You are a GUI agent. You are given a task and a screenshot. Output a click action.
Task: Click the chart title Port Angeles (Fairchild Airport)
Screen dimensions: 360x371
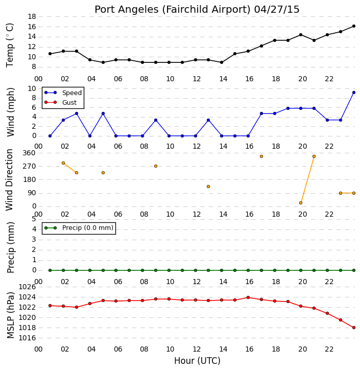(172, 10)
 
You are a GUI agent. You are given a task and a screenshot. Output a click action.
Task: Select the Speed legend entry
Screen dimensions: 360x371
(63, 93)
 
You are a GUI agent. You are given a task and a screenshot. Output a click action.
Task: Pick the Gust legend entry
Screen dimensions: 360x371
(61, 102)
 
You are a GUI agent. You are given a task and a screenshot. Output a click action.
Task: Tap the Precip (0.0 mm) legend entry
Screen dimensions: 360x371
(79, 228)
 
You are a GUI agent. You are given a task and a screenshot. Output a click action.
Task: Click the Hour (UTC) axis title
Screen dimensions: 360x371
(197, 361)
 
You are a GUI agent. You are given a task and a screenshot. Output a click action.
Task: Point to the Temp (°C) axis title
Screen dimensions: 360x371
(10, 45)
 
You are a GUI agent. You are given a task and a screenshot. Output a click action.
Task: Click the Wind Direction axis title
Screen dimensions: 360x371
(9, 180)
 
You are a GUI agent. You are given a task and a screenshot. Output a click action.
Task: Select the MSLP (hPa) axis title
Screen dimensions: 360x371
(10, 315)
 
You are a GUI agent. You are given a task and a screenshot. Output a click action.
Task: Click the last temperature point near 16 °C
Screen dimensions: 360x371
(354, 26)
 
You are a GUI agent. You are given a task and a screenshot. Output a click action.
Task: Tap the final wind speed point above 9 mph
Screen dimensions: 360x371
(354, 92)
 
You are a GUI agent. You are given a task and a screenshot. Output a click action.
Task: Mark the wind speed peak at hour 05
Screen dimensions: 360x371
(103, 113)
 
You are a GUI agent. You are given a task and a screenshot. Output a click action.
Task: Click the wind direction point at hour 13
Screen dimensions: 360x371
(208, 187)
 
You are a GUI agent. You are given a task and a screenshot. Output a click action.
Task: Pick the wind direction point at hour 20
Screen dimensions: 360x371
(301, 203)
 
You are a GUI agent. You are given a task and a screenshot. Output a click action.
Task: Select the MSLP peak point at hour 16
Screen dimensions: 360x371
(248, 297)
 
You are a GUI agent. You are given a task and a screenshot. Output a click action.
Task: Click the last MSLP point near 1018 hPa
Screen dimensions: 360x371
(354, 328)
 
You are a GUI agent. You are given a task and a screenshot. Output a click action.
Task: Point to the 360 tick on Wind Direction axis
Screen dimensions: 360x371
(29, 153)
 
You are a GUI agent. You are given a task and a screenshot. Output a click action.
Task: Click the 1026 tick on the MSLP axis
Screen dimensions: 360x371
(27, 287)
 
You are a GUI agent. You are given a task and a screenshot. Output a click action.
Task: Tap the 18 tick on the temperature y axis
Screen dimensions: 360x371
(32, 16)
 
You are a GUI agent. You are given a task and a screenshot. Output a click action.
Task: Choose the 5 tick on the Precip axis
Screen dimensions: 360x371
(34, 219)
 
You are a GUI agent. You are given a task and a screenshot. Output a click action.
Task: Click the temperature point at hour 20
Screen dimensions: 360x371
(301, 35)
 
